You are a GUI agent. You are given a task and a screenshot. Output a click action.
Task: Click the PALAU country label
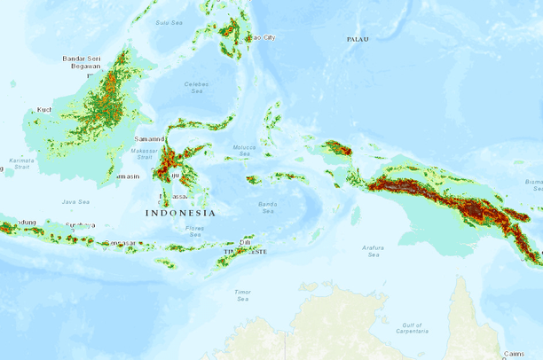pyautogui.click(x=358, y=39)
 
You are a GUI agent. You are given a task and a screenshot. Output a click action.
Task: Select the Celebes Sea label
pyautogui.click(x=195, y=87)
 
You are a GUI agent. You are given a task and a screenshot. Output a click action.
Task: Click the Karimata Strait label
pyautogui.click(x=16, y=163)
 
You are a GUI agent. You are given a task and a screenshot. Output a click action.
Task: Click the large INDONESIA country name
pyautogui.click(x=180, y=213)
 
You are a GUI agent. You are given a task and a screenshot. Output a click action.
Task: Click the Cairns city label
pyautogui.click(x=514, y=354)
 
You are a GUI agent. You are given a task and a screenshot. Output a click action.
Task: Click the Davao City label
pyautogui.click(x=261, y=37)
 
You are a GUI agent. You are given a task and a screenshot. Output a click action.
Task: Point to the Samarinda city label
pyautogui.click(x=149, y=139)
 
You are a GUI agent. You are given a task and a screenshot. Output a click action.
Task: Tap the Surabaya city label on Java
pyautogui.click(x=81, y=225)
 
